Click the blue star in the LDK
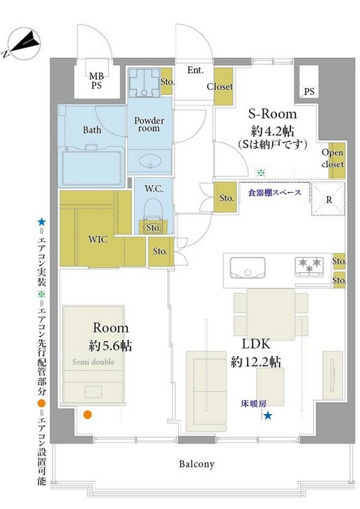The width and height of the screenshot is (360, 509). pos(268,417)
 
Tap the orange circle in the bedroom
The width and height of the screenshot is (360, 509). pos(87,415)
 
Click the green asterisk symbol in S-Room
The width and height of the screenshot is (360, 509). pos(260,172)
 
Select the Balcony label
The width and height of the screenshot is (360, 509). pos(196,464)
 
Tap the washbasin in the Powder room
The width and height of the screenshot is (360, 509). pos(149,162)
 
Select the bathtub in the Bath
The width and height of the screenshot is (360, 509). pos(91,167)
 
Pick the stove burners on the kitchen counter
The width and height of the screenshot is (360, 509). pos(309,266)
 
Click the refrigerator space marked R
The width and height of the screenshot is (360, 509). pos(329,199)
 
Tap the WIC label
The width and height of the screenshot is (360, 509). pos(97,239)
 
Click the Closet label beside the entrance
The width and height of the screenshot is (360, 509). pos(219,87)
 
